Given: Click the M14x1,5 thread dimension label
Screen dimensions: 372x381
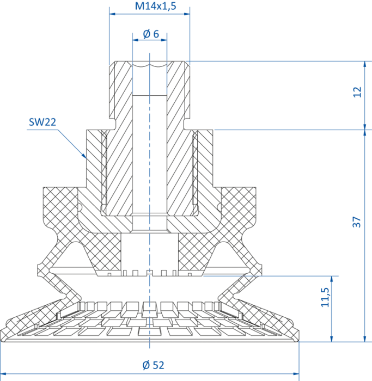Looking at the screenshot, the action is [155, 6].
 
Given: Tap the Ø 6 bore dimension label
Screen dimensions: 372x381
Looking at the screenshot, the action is [151, 34].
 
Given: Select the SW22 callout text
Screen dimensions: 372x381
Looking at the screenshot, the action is [42, 122].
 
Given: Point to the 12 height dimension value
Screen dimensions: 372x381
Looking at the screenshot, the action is [357, 92].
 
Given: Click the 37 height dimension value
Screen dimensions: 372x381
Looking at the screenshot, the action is [357, 222].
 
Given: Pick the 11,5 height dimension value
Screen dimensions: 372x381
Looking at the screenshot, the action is [325, 297].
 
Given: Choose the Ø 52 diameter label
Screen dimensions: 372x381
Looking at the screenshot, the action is [153, 365].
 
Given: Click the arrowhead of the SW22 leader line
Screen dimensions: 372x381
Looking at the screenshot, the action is [84, 156].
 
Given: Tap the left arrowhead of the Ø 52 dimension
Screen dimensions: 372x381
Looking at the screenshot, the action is [3, 374].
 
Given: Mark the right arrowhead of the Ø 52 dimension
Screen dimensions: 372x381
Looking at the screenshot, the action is [296, 374].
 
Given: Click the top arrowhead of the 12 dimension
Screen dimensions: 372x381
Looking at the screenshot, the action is [365, 64].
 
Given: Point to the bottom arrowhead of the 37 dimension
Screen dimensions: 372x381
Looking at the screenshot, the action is [365, 339].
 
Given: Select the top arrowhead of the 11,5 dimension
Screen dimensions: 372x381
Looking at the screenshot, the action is [332, 279].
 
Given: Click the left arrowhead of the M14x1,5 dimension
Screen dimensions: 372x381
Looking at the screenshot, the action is [112, 14].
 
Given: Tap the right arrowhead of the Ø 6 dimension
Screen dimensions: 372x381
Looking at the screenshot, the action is [164, 40].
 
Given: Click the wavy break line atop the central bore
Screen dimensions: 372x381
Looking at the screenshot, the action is [150, 65].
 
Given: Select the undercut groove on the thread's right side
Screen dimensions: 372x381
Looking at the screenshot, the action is [186, 124].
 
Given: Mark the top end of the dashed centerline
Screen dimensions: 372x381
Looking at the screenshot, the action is [150, 53].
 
